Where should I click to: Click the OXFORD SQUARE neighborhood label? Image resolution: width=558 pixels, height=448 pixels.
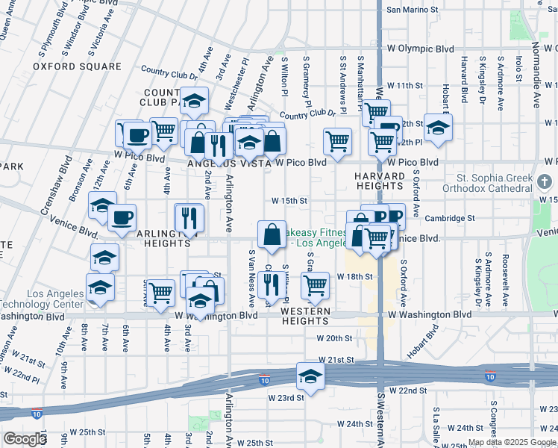tap(77, 66)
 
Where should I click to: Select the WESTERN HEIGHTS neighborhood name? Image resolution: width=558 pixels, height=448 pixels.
tap(306, 316)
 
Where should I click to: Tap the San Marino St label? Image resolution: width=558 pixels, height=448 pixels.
tap(412, 10)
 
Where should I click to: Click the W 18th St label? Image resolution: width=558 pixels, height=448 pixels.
tap(354, 276)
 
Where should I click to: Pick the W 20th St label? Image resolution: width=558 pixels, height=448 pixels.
tap(334, 338)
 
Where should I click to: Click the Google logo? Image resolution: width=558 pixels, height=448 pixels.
tap(25, 439)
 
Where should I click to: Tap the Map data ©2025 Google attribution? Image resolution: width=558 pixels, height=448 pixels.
tap(512, 442)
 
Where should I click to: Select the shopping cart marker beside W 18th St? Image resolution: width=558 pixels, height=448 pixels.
tap(315, 284)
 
